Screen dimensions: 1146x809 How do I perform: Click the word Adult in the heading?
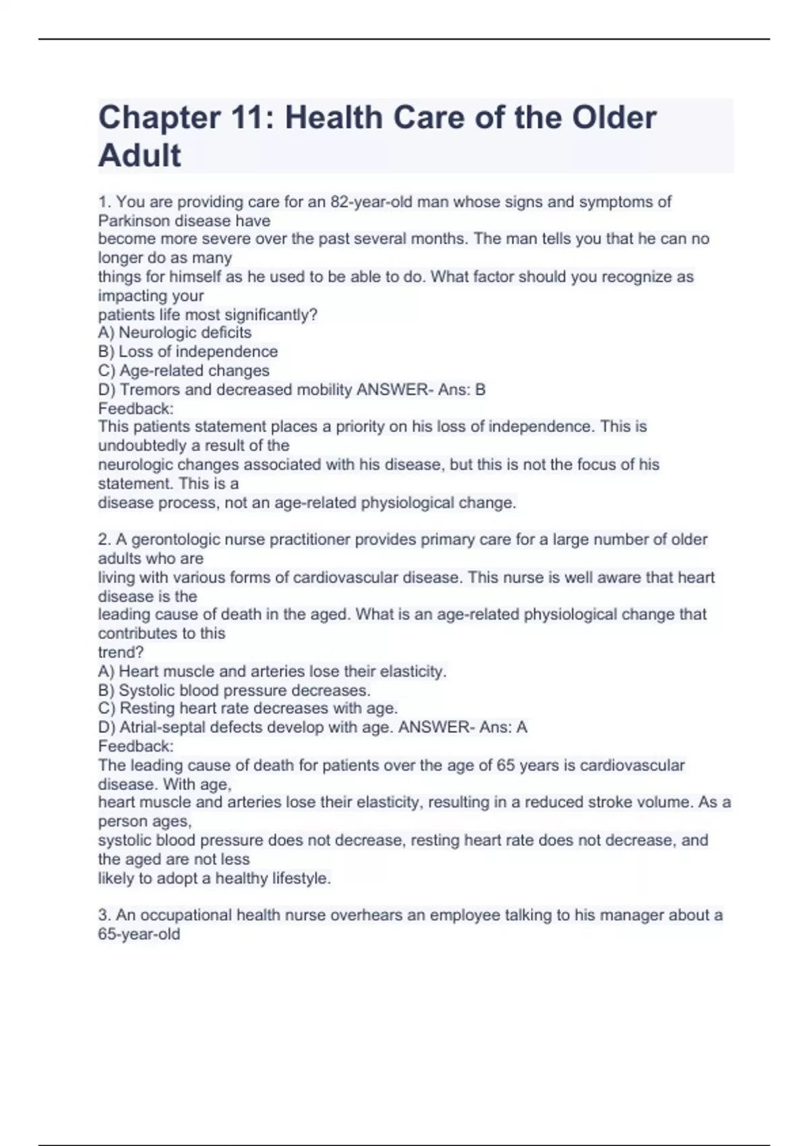click(140, 156)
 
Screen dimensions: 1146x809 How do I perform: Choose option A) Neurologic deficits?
click(175, 332)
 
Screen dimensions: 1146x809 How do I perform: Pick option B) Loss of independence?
click(188, 351)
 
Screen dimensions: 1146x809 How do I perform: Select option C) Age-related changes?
click(183, 370)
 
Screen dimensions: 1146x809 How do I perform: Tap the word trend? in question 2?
click(121, 653)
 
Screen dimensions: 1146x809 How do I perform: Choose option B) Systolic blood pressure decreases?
click(234, 690)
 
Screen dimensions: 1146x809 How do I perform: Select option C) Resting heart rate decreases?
click(247, 708)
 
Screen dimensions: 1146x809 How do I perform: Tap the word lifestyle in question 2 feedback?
click(300, 878)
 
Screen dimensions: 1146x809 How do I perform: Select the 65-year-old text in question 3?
click(139, 934)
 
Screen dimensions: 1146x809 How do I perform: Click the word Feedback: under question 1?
click(136, 409)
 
